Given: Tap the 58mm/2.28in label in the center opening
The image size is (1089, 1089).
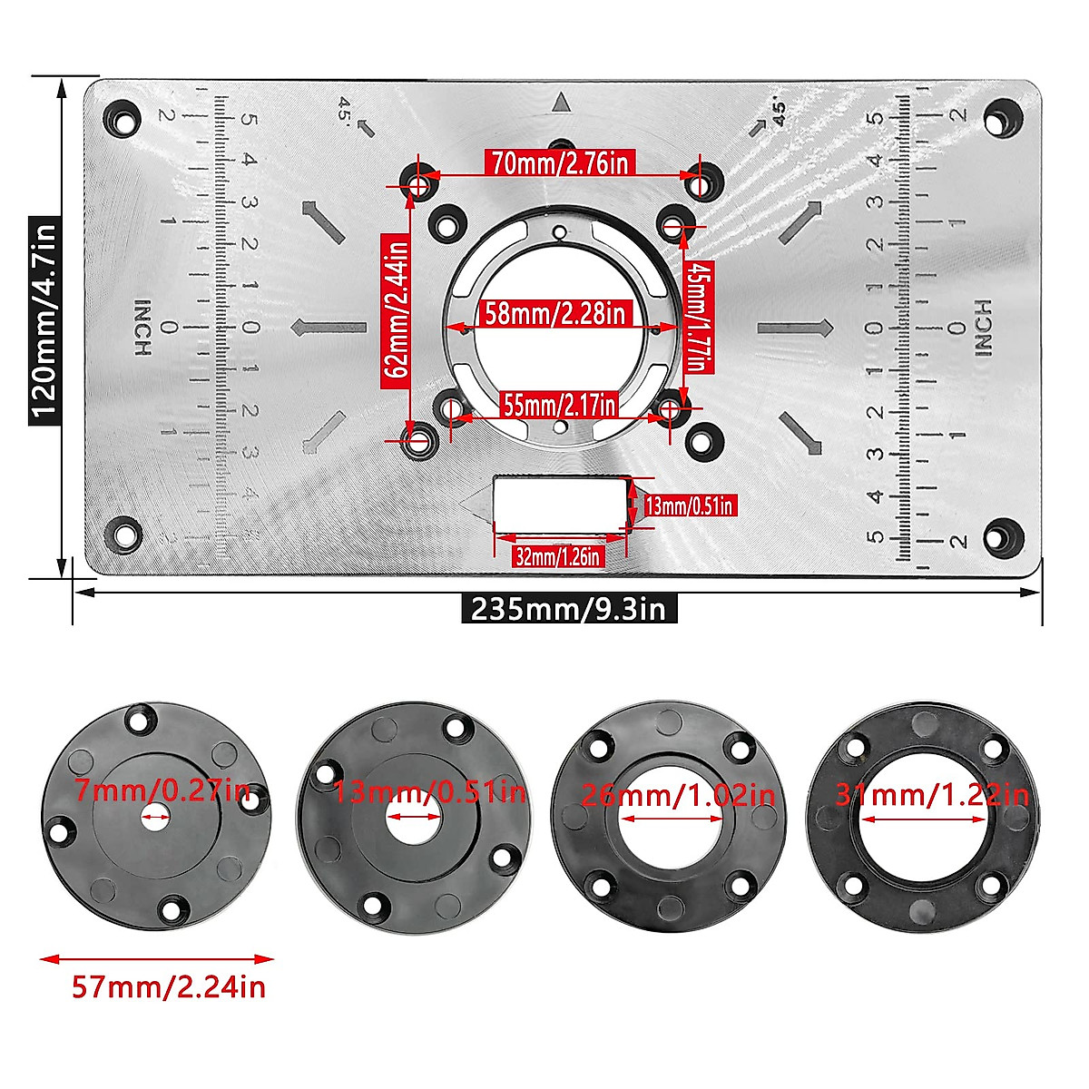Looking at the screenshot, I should tap(554, 314).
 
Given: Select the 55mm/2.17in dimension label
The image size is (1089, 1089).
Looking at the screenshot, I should tap(561, 404).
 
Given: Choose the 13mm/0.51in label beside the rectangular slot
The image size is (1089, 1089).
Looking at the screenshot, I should tap(688, 505).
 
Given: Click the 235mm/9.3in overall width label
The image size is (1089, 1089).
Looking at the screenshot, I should tap(569, 608).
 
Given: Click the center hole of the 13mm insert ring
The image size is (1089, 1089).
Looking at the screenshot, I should tap(411, 817).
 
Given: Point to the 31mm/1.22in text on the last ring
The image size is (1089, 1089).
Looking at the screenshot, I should tap(932, 796).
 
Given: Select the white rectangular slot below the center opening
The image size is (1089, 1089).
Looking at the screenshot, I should tap(560, 505).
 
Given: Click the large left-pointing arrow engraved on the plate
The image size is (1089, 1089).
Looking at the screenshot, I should tap(329, 328).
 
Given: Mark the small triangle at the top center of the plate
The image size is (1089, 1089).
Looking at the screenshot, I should tap(561, 103).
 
